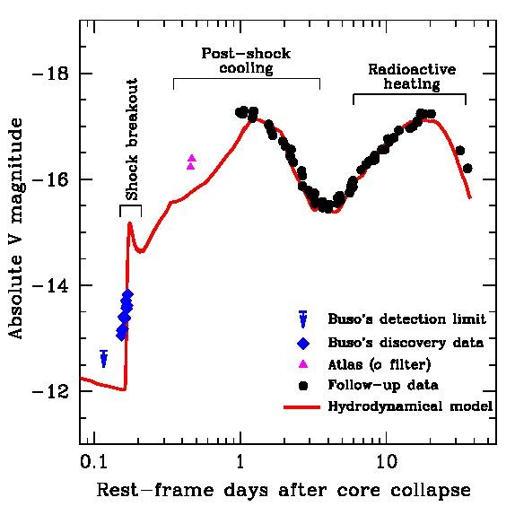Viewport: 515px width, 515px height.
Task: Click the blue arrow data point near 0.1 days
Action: click(104, 360)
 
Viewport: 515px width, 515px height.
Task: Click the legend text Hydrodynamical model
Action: click(410, 406)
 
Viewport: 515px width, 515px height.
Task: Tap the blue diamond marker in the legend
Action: click(302, 342)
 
